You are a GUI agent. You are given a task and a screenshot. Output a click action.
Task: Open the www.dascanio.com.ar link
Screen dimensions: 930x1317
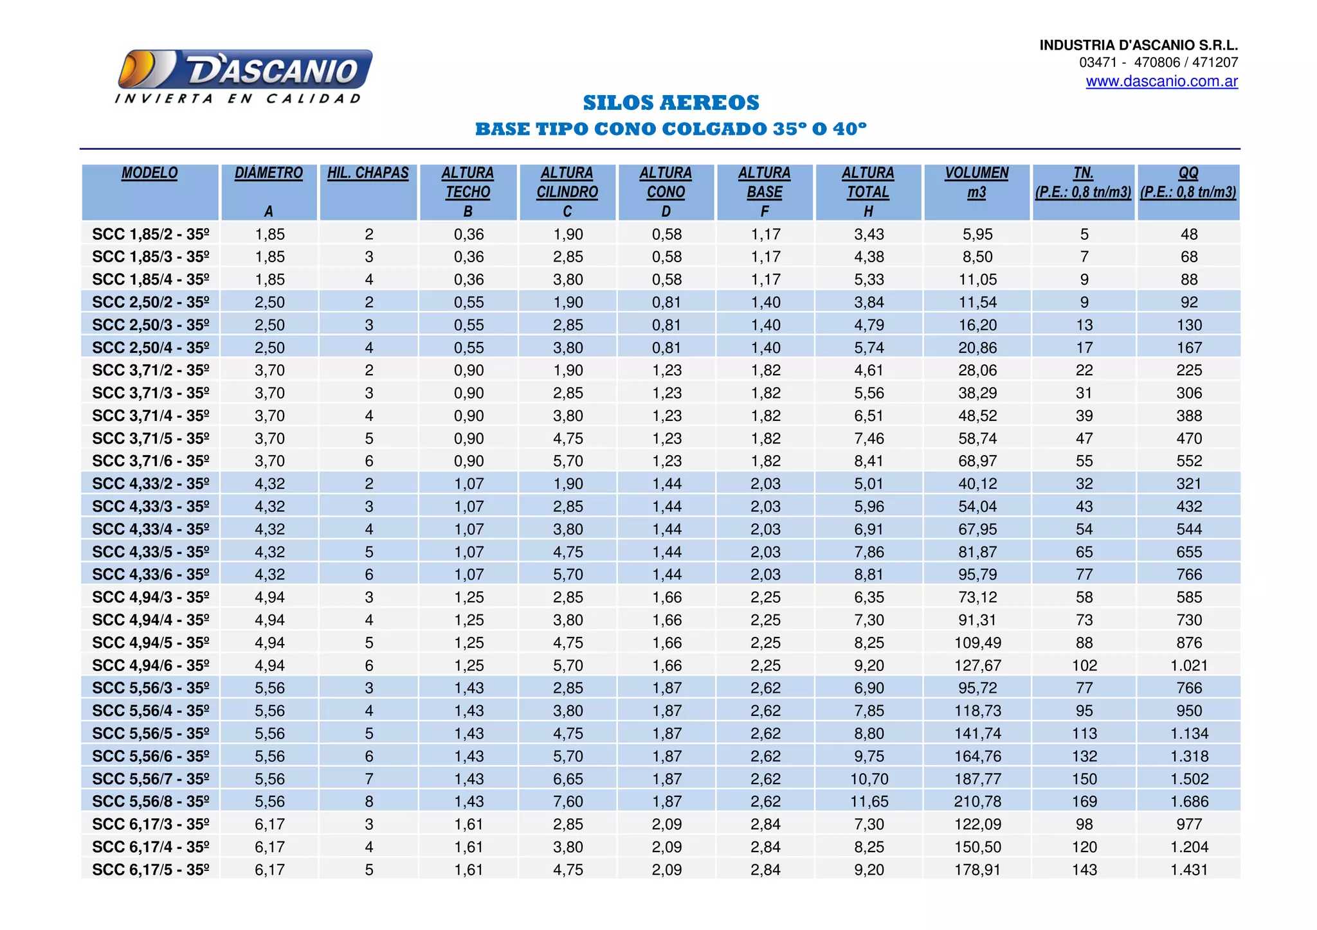1161,82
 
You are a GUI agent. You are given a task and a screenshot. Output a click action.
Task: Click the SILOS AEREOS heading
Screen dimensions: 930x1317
671,103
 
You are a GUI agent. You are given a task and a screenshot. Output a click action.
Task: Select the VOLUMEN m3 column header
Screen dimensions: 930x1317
976,183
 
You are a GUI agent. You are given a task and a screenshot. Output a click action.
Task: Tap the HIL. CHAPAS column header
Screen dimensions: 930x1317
368,173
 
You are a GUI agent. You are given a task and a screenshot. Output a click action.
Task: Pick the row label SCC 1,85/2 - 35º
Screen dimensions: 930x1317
150,234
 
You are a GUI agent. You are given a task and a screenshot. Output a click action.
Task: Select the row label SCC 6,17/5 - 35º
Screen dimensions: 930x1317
150,870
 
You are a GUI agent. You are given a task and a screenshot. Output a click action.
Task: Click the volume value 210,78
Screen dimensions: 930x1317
977,801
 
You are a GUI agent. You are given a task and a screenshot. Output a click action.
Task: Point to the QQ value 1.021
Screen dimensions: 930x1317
1188,665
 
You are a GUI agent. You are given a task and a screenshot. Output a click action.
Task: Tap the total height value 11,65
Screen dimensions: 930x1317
869,801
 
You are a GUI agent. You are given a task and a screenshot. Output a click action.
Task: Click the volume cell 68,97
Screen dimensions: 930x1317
977,461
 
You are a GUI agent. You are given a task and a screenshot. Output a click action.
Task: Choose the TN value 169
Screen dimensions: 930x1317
1084,801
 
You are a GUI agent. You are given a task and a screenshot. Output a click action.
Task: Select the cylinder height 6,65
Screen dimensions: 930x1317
568,779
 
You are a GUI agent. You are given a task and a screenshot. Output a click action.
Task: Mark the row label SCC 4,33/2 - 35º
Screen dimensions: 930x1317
150,483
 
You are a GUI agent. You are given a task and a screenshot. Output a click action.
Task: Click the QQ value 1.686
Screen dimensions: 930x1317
1188,801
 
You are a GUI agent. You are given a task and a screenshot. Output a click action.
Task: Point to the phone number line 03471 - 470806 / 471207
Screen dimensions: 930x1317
1158,62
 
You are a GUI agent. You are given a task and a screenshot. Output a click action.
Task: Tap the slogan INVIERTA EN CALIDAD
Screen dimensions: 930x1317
238,99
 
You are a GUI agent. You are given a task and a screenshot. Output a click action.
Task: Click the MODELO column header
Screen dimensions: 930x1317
149,173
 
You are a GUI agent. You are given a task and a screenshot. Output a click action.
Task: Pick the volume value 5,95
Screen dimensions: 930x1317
977,234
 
